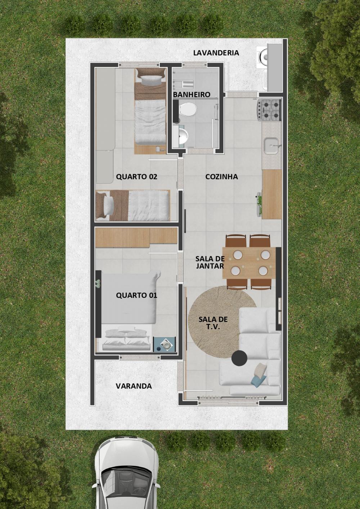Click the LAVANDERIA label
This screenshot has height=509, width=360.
tap(216, 53)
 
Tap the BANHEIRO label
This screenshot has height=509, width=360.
tap(192, 95)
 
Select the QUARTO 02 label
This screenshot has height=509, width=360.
tap(136, 176)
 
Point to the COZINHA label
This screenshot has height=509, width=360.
tap(222, 176)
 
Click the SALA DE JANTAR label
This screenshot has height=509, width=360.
tap(210, 262)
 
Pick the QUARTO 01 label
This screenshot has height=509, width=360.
tap(136, 295)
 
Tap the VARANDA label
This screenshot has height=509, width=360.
tap(134, 386)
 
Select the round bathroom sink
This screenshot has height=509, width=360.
tap(183, 136)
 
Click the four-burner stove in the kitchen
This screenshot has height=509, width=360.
tap(269, 110)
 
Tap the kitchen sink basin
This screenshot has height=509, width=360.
tap(271, 145)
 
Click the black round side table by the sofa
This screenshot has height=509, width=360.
tap(239, 358)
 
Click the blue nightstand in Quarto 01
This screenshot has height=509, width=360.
tap(165, 344)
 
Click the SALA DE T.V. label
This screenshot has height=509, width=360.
tap(213, 323)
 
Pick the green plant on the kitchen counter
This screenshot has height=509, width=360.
tap(259, 203)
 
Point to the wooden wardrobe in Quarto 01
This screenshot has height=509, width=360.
tap(136, 238)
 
